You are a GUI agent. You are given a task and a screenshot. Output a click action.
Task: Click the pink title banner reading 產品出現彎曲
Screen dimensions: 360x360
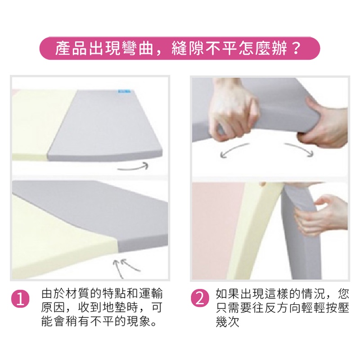180,48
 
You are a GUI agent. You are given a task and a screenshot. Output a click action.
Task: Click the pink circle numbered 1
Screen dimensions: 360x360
20,299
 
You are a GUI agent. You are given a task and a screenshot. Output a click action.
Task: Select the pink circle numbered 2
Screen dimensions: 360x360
200,299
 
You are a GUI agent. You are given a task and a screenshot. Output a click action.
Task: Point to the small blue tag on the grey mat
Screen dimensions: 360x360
124,91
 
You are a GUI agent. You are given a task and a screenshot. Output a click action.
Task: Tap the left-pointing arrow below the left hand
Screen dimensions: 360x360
234,150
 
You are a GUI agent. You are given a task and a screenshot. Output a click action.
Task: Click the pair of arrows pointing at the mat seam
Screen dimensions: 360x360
126,267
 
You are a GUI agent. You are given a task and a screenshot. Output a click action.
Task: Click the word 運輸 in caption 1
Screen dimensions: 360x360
150,294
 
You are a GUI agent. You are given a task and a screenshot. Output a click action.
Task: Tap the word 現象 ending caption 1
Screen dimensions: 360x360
139,321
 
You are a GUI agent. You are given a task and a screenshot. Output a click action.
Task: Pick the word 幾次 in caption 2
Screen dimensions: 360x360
228,321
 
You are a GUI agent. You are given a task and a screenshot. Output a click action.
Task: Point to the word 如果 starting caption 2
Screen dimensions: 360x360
228,294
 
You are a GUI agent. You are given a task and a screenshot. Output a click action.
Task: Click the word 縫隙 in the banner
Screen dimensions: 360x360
188,48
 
